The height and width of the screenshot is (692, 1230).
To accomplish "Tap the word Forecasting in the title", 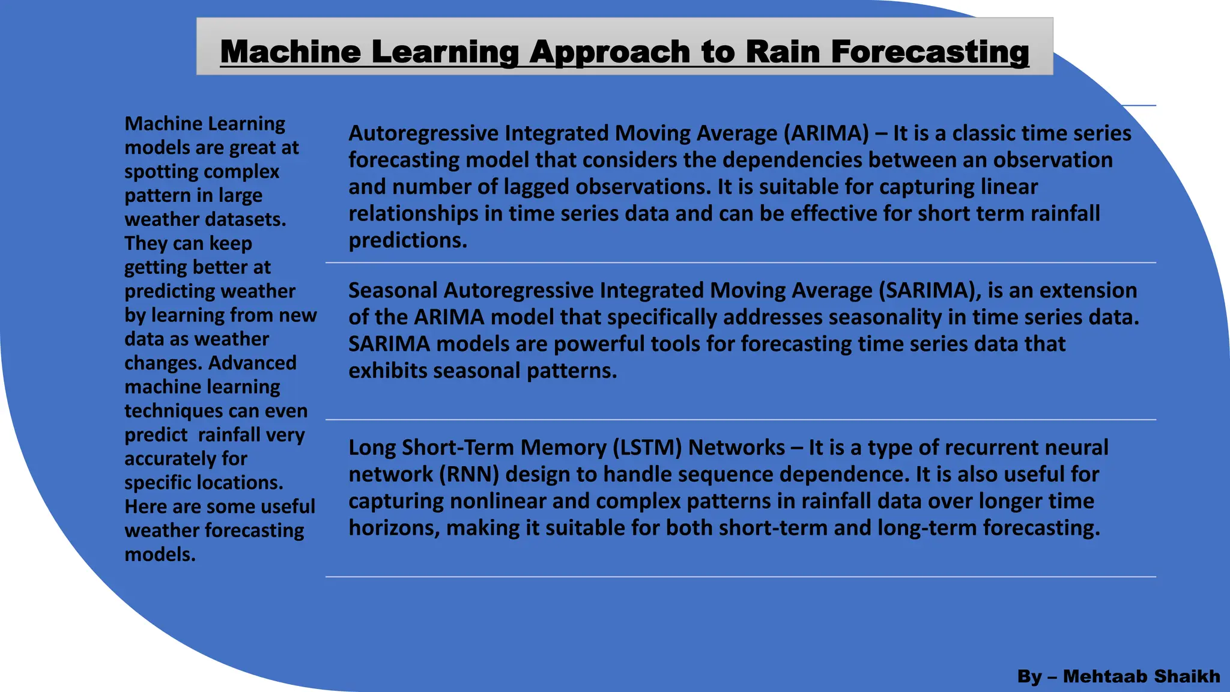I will (930, 52).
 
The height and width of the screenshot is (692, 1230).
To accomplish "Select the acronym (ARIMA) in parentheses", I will (826, 133).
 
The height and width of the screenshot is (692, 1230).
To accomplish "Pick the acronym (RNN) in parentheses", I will (469, 475).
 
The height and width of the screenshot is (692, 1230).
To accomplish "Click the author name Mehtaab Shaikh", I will (1141, 676).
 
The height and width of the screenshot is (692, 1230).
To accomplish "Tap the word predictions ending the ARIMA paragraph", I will (407, 241).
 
